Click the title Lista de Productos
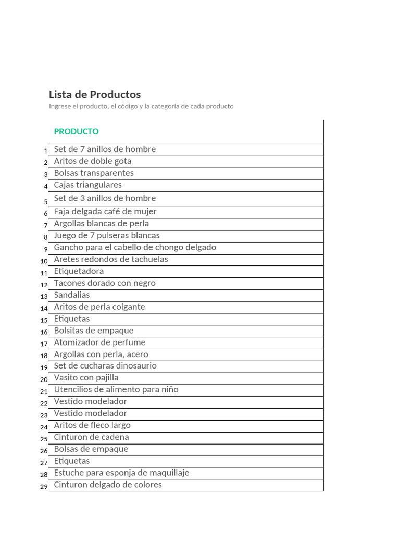coord(95,95)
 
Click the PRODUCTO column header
coord(76,132)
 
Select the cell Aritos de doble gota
coord(93,161)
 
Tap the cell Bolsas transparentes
coord(94,173)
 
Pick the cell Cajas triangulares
coord(88,185)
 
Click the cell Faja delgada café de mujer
coord(105,212)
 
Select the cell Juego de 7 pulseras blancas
coord(107,236)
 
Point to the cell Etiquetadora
coord(79,271)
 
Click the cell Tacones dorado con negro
coord(105,283)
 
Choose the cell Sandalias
coord(72,295)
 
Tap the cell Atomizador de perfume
coord(99,342)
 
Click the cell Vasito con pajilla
coord(86,378)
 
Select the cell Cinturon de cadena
coord(91,437)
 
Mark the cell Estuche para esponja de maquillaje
coord(121,473)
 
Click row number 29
coord(44,487)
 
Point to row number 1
coord(46,151)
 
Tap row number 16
coord(44,332)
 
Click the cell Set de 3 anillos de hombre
coord(105,198)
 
